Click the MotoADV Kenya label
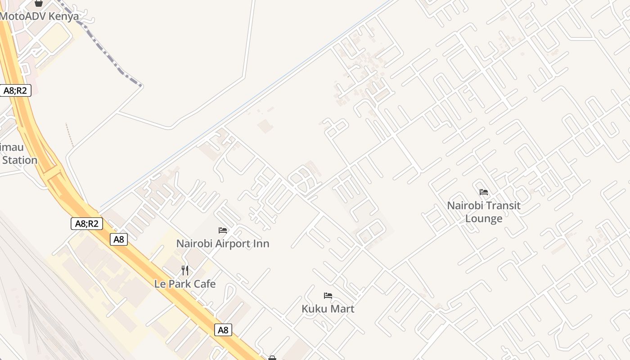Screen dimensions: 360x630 [x=40, y=16]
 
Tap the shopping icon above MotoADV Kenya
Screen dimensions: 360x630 [x=39, y=3]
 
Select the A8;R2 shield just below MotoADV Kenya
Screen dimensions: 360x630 [x=15, y=90]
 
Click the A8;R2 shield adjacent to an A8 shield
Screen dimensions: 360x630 [x=87, y=223]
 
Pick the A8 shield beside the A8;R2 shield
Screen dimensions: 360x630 [x=119, y=239]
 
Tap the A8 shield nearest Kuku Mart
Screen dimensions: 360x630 [x=223, y=330]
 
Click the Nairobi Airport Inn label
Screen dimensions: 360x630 [x=223, y=243]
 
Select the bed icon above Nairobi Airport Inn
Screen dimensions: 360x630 [x=223, y=230]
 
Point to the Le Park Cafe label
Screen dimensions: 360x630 [x=185, y=284]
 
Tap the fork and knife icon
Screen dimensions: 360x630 [x=185, y=270]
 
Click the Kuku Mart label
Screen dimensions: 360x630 [x=328, y=309]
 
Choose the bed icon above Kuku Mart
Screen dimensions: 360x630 [x=328, y=296]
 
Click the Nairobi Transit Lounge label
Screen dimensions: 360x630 [x=484, y=212]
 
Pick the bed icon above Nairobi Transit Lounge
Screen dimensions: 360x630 [x=484, y=192]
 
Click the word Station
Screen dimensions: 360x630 [x=19, y=160]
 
